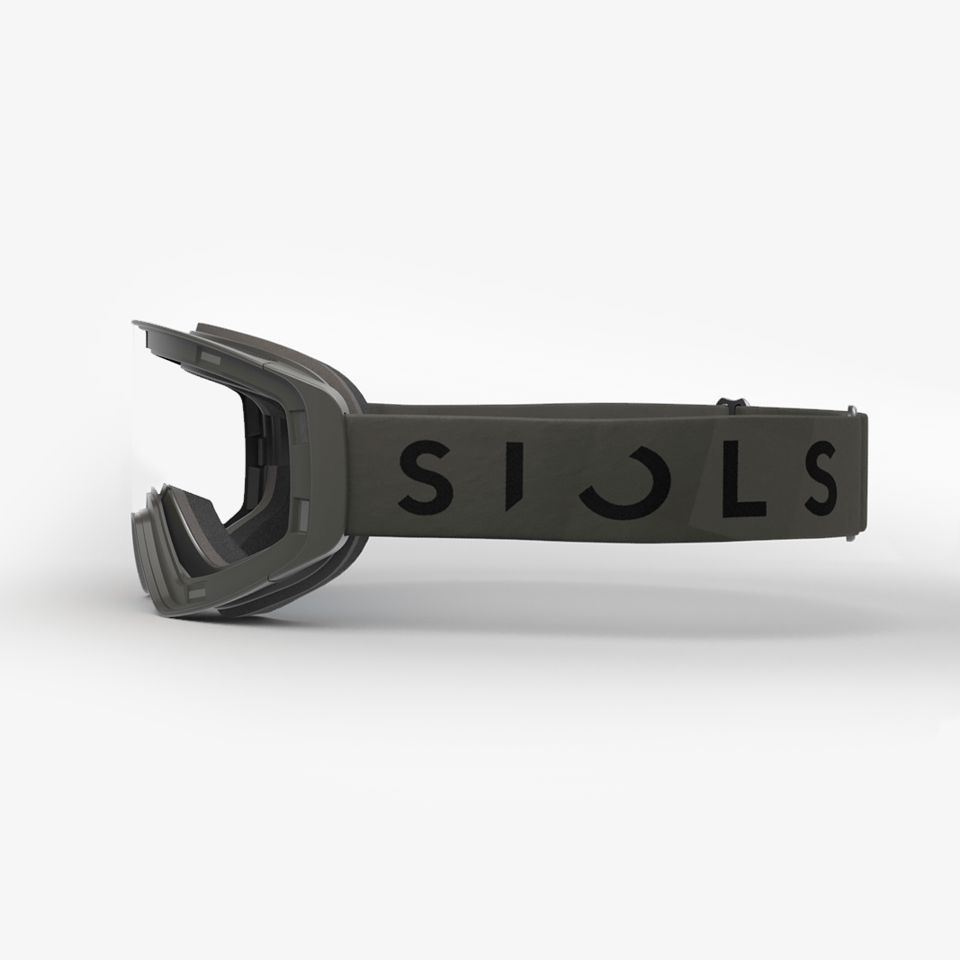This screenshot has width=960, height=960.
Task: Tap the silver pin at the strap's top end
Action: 851,410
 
